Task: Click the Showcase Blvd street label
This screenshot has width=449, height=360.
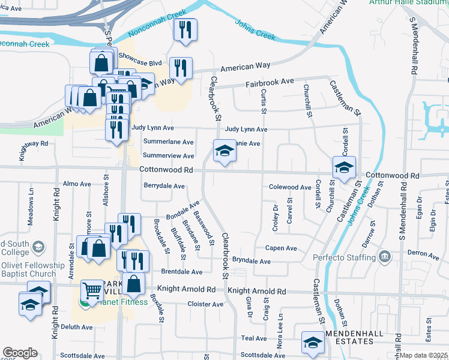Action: click(140, 62)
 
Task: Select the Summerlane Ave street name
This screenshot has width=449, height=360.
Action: click(169, 142)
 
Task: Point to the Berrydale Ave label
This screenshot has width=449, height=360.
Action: click(164, 186)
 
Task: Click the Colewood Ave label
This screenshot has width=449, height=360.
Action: click(290, 187)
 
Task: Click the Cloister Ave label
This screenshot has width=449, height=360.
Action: click(205, 304)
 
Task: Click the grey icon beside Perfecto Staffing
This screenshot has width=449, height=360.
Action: click(385, 258)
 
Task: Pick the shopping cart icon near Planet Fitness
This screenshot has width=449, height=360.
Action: click(92, 291)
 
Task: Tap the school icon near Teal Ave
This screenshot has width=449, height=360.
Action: click(312, 343)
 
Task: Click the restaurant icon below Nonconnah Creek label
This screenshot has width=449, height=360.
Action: click(185, 29)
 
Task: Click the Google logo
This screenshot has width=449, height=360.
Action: click(20, 353)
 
